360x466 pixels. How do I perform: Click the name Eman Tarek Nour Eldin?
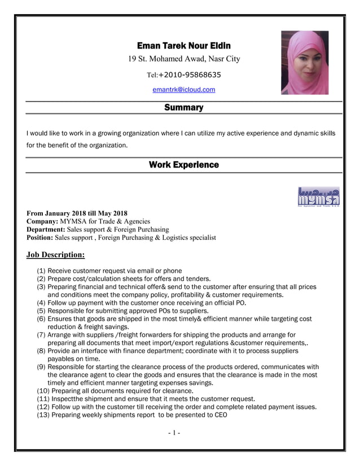point(184,46)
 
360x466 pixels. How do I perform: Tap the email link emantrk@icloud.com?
point(184,90)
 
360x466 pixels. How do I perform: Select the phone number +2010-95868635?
point(190,74)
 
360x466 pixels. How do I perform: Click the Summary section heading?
point(183,108)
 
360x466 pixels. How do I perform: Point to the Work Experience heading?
point(183,165)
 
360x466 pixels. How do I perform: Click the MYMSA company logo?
point(318,197)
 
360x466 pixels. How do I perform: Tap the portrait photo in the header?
point(305,63)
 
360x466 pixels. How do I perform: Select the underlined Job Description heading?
point(55,255)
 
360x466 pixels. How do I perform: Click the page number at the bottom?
point(174,433)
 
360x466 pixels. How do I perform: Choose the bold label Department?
point(46,230)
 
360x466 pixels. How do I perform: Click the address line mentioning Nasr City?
point(184,59)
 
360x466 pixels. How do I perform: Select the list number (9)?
point(41,367)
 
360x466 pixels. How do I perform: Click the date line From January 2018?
point(77,213)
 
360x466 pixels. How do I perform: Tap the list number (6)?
point(41,319)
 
